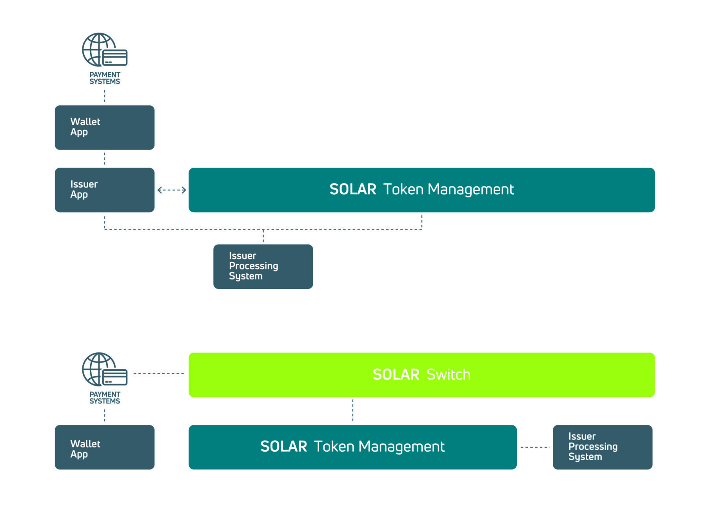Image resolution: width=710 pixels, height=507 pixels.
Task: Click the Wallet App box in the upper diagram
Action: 104,127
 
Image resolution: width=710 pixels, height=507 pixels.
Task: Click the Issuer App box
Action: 104,190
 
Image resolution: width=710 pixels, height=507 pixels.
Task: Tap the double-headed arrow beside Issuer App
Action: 172,190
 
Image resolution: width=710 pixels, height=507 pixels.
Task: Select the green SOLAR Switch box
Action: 421,375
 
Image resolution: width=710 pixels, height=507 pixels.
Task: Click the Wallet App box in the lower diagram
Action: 104,447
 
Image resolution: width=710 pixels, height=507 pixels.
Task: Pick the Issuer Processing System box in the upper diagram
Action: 263,266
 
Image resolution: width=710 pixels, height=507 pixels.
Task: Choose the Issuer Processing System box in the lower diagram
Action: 602,447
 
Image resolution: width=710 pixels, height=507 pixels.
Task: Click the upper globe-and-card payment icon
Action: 104,50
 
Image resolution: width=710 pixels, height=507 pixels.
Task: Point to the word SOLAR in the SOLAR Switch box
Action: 396,375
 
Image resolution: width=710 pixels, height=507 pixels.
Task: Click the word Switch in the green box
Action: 449,375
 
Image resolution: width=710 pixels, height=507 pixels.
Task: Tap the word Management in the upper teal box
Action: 470,190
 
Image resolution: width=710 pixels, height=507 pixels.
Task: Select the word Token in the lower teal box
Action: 334,447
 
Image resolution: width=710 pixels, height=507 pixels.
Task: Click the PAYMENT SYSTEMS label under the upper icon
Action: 105,78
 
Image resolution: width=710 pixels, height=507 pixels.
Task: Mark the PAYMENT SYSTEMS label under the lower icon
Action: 105,398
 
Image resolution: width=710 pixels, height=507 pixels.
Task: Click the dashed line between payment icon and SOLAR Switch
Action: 159,373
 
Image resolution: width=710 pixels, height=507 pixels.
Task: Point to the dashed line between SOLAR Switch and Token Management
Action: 352,410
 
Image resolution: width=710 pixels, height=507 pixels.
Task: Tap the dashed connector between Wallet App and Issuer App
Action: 105,159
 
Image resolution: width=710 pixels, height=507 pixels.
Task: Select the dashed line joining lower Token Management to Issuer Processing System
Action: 535,447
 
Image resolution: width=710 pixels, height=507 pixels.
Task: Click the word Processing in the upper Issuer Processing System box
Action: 254,266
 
